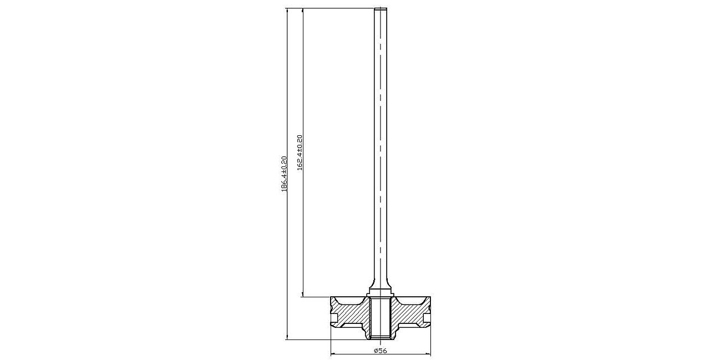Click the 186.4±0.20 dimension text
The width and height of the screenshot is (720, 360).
tap(285, 174)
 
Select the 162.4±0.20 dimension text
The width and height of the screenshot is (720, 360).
tap(300, 153)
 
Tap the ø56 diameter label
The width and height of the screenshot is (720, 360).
tap(381, 351)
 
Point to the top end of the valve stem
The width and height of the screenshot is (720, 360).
tap(381, 8)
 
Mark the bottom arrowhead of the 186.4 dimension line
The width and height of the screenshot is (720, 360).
tap(287, 337)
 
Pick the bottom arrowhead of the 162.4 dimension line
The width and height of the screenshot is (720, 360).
tap(302, 294)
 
